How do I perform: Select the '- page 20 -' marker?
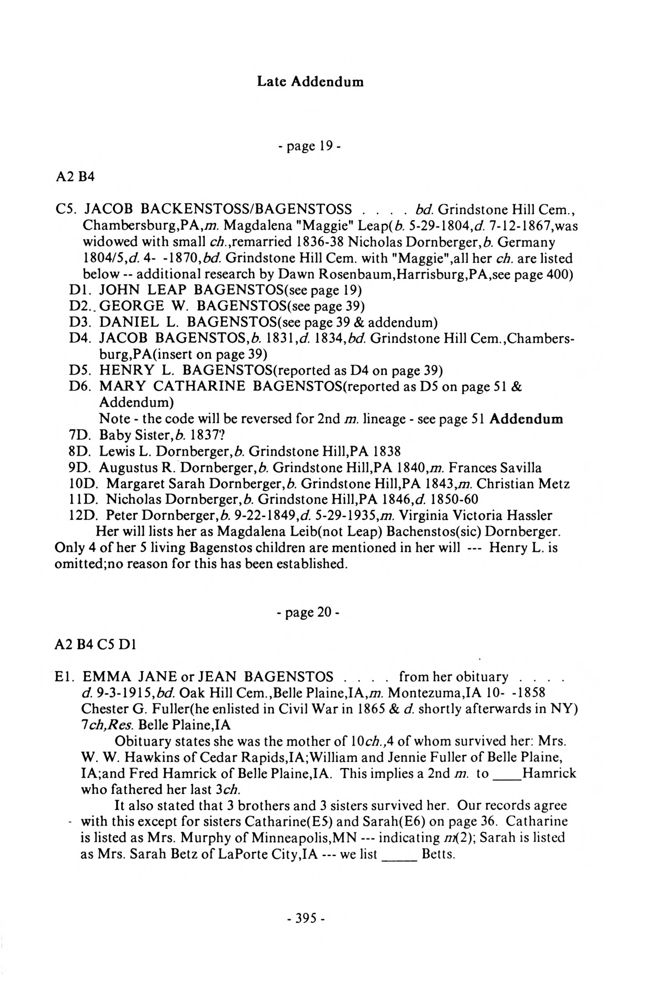pos(309,612)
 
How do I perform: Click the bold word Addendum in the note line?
pos(526,419)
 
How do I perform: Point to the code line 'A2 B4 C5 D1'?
pos(96,645)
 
